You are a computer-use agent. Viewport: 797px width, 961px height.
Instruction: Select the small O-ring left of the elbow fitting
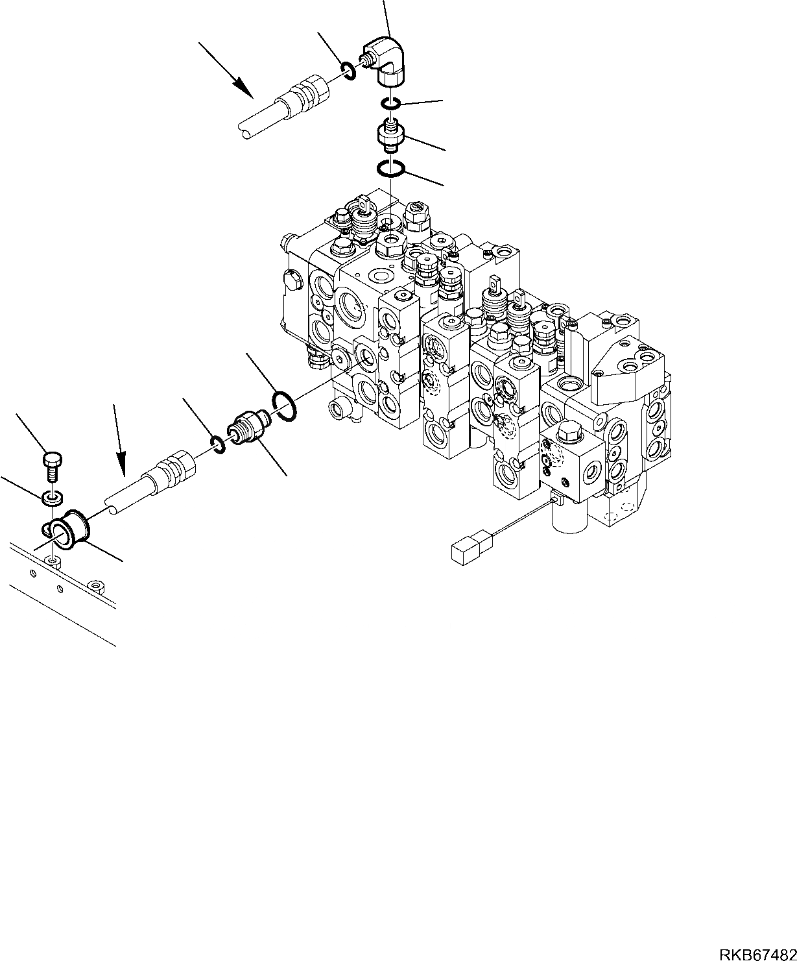click(x=348, y=70)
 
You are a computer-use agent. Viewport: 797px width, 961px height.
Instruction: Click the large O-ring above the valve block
click(x=391, y=169)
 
